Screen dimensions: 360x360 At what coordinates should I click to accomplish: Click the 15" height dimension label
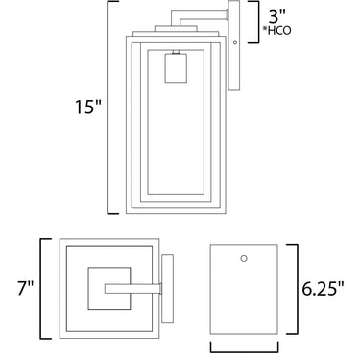88,107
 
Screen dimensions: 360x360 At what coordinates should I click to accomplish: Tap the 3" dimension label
276,16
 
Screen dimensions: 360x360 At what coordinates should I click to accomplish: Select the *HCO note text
276,31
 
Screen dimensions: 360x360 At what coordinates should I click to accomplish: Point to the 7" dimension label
26,288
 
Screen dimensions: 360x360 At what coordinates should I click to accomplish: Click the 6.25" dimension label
323,290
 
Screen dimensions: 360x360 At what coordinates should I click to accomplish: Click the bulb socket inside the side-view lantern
176,68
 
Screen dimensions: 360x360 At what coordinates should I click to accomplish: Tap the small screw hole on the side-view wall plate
235,42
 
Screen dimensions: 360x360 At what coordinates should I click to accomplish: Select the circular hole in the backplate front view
244,258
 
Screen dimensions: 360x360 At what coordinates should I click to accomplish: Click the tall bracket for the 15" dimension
108,108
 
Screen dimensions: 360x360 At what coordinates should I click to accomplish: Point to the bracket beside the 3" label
257,22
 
